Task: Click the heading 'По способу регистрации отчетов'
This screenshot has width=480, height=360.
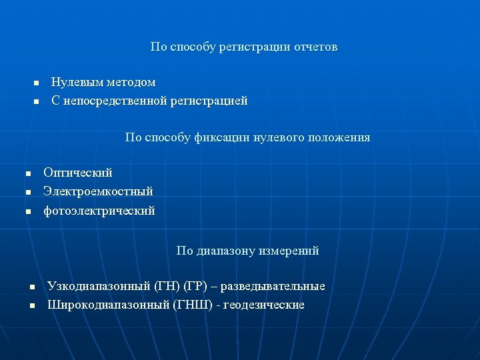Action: [x=243, y=47]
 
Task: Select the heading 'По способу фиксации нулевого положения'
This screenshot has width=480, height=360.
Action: [x=247, y=138]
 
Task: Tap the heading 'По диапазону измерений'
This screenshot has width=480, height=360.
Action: [x=247, y=251]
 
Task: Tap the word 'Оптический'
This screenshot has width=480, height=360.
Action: [x=78, y=173]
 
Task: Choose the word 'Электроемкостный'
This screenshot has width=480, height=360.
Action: [x=98, y=191]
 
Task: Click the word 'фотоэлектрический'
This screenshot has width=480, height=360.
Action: [x=99, y=211]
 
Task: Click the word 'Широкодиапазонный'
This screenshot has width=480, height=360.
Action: [x=108, y=305]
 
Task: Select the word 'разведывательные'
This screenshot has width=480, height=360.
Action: [x=273, y=287]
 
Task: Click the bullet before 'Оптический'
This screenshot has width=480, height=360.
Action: [x=28, y=173]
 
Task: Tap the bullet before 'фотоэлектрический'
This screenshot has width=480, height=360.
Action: [x=28, y=211]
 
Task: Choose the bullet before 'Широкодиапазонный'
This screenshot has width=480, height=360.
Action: [x=31, y=306]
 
